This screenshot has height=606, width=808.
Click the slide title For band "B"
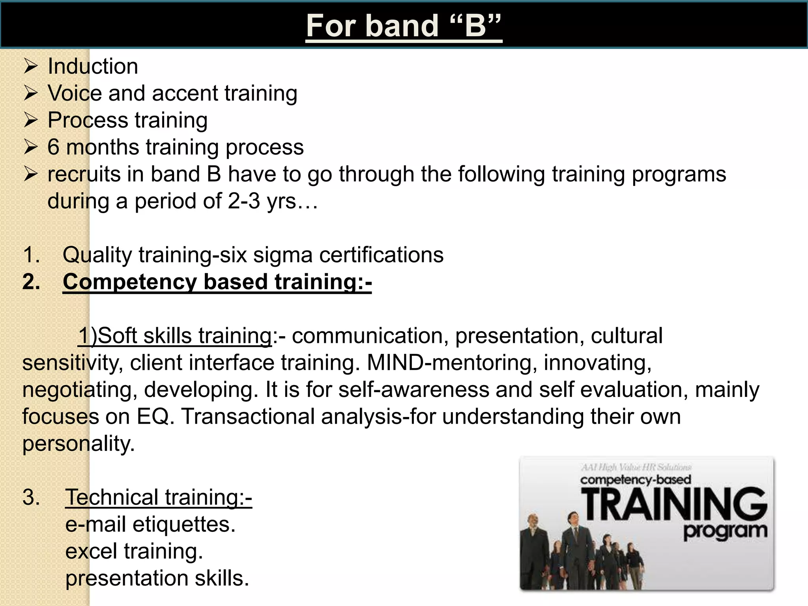pyautogui.click(x=404, y=26)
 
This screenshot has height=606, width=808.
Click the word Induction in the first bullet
pyautogui.click(x=93, y=66)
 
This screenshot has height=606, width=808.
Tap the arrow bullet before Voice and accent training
pyautogui.click(x=30, y=93)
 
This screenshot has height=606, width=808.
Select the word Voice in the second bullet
pyautogui.click(x=75, y=94)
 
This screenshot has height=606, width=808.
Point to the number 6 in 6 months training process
pyautogui.click(x=53, y=147)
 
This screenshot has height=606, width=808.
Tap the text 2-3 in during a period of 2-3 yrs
pyautogui.click(x=244, y=201)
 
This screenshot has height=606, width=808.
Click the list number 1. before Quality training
pyautogui.click(x=31, y=255)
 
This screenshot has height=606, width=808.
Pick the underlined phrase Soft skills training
pyautogui.click(x=175, y=336)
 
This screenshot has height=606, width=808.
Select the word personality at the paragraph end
pyautogui.click(x=78, y=444)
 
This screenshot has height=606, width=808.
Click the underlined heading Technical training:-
pyautogui.click(x=158, y=497)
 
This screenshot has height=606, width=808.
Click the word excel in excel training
pyautogui.click(x=91, y=551)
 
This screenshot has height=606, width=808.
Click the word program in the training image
pyautogui.click(x=725, y=531)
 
